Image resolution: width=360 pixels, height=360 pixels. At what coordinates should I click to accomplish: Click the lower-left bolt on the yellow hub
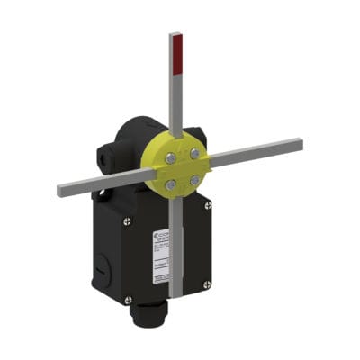pyautogui.click(x=170, y=185)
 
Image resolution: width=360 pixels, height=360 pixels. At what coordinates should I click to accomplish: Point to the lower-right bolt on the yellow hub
pyautogui.click(x=193, y=180)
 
